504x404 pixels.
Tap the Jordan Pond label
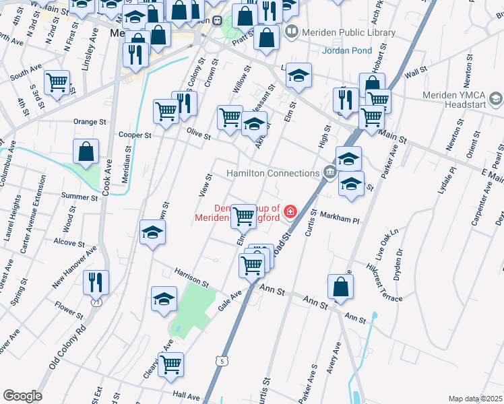pos(348,50)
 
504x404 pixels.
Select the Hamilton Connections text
pos(272,173)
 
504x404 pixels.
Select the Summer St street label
pos(80,197)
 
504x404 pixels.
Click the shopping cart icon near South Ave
pos(57,83)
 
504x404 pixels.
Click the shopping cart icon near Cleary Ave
pos(171,364)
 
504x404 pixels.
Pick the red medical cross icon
pos(290,212)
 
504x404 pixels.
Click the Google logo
pos(22,395)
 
